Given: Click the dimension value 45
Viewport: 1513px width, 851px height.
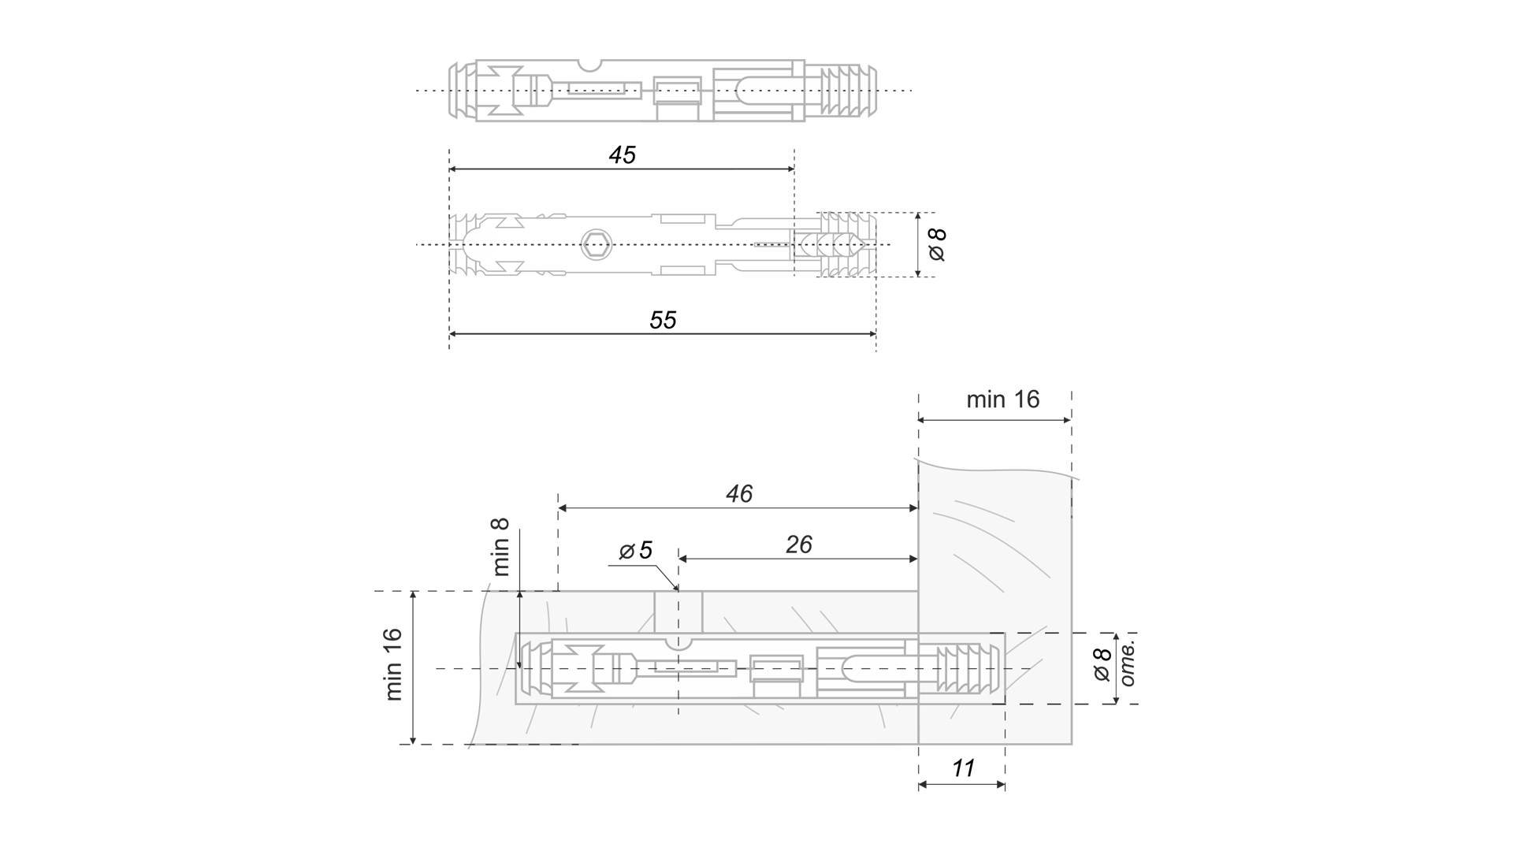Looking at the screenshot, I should (622, 155).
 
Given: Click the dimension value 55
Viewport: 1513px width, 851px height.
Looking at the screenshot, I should (663, 320).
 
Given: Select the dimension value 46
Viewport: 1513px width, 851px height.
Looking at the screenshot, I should (738, 494).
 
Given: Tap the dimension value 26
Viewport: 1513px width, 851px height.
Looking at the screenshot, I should (798, 545).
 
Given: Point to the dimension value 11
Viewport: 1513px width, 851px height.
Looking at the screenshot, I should (963, 768).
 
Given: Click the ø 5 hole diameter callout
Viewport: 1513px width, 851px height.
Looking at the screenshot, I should (636, 551).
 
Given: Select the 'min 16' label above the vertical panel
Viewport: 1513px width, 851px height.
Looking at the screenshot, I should (1002, 399).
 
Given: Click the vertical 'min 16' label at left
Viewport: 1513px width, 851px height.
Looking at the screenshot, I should (394, 664).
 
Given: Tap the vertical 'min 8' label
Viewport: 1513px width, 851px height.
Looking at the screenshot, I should (502, 547).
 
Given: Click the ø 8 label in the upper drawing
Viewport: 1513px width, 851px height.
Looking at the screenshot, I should (938, 244).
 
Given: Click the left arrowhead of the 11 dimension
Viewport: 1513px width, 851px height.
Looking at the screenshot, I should (924, 785).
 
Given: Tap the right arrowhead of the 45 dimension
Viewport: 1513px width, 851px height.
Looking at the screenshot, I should (790, 169).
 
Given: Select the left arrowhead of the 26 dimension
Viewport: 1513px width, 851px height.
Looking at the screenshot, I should (683, 559).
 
